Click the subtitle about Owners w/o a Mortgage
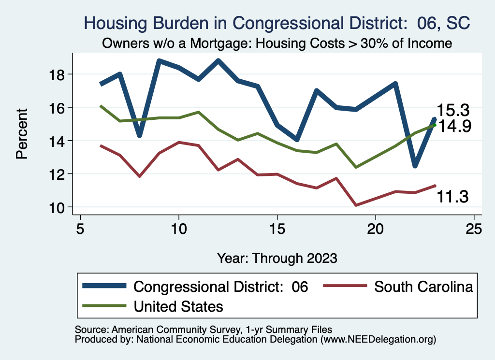click(x=277, y=43)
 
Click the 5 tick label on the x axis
click(x=80, y=228)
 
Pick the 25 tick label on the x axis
click(x=474, y=228)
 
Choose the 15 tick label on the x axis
click(x=277, y=228)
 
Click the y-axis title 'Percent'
click(x=21, y=140)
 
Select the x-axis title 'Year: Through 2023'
click(x=277, y=258)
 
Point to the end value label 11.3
click(x=453, y=196)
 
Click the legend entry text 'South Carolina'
click(x=423, y=287)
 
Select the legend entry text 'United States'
click(x=178, y=306)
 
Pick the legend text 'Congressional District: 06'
click(x=220, y=287)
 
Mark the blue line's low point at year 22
click(x=415, y=166)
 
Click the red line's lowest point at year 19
click(x=356, y=205)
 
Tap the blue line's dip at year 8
click(x=139, y=135)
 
